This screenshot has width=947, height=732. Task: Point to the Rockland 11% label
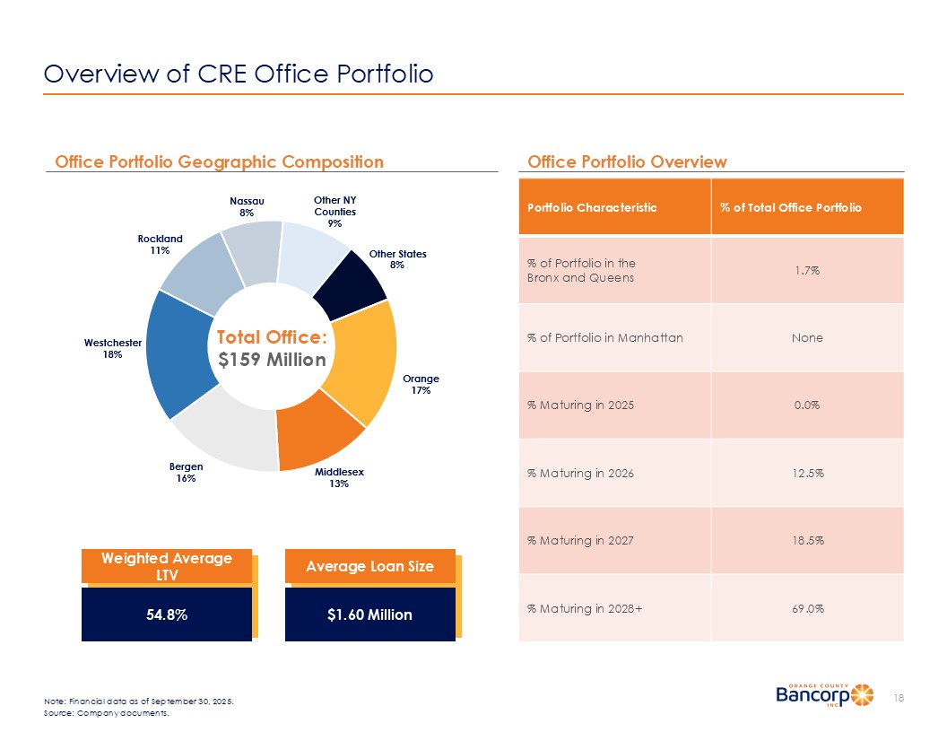coord(161,245)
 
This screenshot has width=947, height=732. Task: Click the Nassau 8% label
coord(247,206)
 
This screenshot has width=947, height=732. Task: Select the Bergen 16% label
coord(187,473)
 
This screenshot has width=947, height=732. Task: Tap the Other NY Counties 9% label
coord(334,211)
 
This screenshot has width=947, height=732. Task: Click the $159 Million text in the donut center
coord(272,360)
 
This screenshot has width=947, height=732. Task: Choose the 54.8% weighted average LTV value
coord(167,614)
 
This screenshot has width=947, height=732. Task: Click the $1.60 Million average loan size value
coord(369,614)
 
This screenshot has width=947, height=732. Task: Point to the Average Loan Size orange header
coord(369,566)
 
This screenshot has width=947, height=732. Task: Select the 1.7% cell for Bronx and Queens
coord(807,270)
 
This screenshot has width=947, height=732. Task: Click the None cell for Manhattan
coord(807,338)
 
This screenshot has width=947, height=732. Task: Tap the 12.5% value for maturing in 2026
coord(807,473)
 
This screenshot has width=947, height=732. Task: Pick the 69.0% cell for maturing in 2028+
coord(807,608)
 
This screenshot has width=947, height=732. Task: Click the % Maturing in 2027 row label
coord(580,540)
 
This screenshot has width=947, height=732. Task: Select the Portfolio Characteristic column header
coord(592,207)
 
